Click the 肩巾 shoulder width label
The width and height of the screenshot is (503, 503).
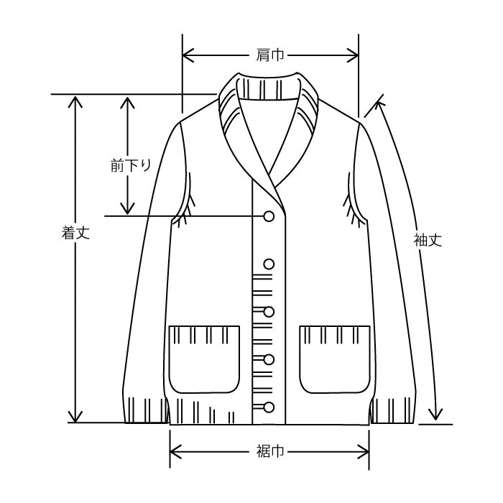[x=269, y=55]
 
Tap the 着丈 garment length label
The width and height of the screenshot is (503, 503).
[x=75, y=232]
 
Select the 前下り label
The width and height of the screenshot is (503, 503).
[x=131, y=166]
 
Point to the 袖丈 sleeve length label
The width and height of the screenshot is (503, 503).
[x=428, y=240]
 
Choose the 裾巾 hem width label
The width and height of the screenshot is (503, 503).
[x=269, y=451]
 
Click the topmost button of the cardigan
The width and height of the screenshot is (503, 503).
[x=269, y=216]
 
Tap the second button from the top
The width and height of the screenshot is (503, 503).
[x=269, y=264]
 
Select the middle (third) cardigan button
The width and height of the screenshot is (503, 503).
[x=269, y=311]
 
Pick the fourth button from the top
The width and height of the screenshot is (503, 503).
[x=269, y=359]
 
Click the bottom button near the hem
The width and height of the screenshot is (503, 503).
[x=269, y=407]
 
